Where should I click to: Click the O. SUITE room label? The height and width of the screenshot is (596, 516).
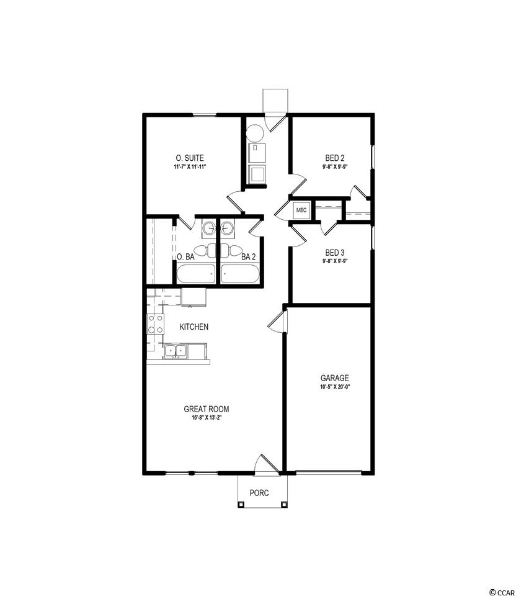tap(189, 158)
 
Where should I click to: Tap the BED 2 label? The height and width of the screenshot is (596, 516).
tap(335, 158)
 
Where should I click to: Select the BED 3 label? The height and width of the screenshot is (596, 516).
tap(335, 253)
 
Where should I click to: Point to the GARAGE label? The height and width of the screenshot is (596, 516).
tap(334, 378)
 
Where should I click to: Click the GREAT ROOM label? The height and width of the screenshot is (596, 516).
tap(207, 409)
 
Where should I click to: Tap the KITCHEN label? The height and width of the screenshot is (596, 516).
tap(193, 327)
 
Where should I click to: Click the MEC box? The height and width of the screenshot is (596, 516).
tap(301, 210)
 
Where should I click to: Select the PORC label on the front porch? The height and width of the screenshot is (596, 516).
tap(259, 493)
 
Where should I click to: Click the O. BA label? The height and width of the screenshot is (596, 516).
tap(185, 257)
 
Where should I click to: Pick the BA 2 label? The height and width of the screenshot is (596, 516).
tap(249, 257)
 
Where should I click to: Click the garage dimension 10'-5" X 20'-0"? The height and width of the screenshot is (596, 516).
tap(334, 387)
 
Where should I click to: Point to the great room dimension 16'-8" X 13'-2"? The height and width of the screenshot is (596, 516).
tap(207, 418)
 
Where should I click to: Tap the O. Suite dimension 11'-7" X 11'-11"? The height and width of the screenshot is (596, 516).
tap(189, 167)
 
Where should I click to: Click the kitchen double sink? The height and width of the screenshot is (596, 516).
tap(176, 351)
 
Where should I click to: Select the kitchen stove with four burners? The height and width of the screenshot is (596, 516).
tap(156, 324)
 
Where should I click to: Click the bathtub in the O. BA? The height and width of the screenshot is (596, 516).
tap(196, 274)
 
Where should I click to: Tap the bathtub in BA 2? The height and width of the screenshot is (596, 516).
tap(240, 274)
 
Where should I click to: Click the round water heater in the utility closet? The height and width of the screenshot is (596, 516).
tap(255, 133)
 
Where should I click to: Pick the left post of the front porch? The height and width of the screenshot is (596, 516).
tap(241, 504)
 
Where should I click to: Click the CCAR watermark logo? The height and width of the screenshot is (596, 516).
tap(501, 592)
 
